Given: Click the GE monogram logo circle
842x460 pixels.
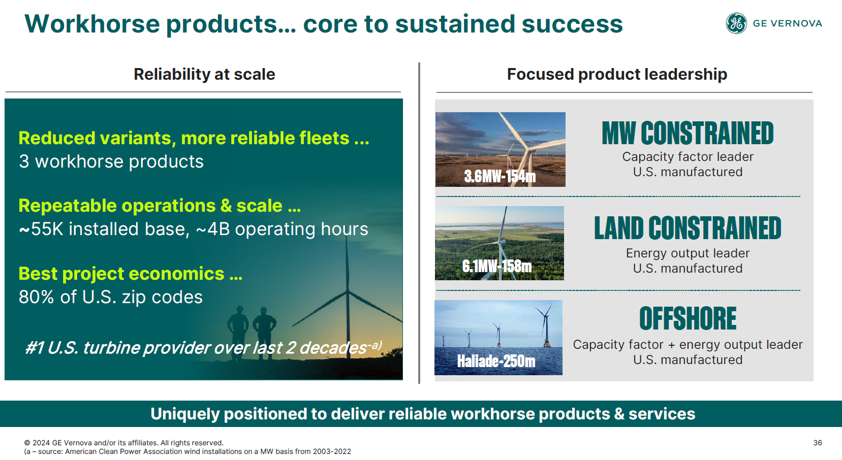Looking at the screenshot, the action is pyautogui.click(x=736, y=23).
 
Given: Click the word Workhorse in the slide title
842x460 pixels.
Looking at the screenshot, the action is pyautogui.click(x=92, y=24).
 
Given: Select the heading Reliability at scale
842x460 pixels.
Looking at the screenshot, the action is pyautogui.click(x=204, y=74).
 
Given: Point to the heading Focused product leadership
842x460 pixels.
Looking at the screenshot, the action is pyautogui.click(x=617, y=74).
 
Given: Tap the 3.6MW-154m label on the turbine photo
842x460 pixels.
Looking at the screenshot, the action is pyautogui.click(x=500, y=176).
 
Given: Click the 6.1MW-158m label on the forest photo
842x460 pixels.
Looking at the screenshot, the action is pyautogui.click(x=497, y=266).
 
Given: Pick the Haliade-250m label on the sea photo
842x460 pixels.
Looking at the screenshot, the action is pyautogui.click(x=496, y=361).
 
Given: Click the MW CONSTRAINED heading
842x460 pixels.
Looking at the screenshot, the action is pyautogui.click(x=688, y=134).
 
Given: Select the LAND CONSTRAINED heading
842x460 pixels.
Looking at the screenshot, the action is pyautogui.click(x=688, y=228).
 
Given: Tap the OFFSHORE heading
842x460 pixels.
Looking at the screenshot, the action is pyautogui.click(x=688, y=318).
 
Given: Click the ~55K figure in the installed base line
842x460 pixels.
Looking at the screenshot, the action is pyautogui.click(x=41, y=229).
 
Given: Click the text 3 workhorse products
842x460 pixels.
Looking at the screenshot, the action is pyautogui.click(x=111, y=161).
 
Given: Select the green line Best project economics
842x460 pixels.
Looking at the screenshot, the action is pyautogui.click(x=131, y=273).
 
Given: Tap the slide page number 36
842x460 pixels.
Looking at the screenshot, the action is pyautogui.click(x=818, y=443).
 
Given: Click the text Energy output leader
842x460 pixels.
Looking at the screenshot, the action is pyautogui.click(x=688, y=253).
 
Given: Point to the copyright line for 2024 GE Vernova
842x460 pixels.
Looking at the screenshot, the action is pyautogui.click(x=123, y=443).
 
